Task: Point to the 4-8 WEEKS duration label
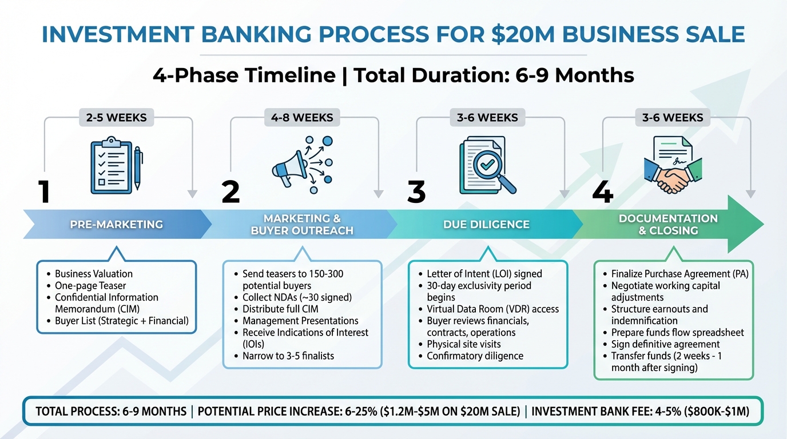[302, 118]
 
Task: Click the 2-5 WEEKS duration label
[116, 118]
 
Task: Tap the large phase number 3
[416, 192]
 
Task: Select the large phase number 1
[44, 192]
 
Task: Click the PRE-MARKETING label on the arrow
[116, 225]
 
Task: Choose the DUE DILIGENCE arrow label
[486, 225]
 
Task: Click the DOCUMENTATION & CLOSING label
[668, 225]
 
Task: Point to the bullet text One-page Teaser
[90, 286]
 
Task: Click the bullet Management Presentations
[300, 321]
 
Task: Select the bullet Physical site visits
[464, 344]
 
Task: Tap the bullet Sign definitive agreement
[665, 344]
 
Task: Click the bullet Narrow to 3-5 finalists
[288, 356]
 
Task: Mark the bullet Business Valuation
[94, 274]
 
